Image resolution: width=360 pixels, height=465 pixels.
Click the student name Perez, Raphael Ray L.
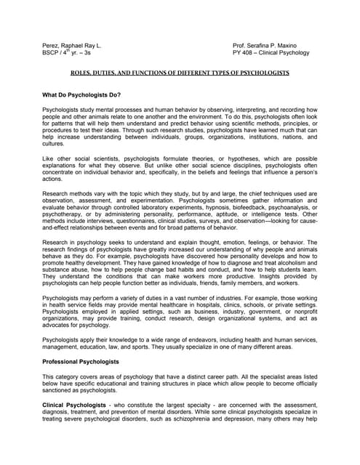tap(72, 46)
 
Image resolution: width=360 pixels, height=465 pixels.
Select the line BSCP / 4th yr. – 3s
tap(67, 53)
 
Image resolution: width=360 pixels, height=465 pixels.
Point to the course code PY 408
tap(244, 53)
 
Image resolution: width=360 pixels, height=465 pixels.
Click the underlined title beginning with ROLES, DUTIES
tap(180, 73)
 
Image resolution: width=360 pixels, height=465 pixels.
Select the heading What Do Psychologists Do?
tap(81, 95)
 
